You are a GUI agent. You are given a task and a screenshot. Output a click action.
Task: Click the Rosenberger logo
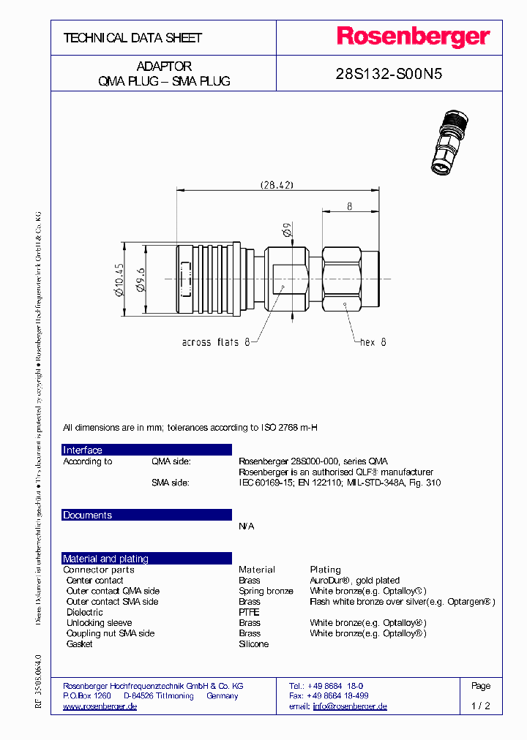[x=413, y=37]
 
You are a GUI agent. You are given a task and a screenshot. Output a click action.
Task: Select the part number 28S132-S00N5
[x=389, y=75]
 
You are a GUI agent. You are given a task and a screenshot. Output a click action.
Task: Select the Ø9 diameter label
[x=288, y=233]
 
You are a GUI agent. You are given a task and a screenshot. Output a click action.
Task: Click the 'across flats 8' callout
[x=216, y=342]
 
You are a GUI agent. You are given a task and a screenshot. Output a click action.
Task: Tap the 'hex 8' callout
[x=373, y=342]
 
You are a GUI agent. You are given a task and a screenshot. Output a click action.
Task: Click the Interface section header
[x=83, y=450]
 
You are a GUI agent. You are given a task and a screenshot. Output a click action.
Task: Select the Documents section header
[x=87, y=515]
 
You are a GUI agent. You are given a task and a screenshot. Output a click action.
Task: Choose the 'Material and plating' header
[x=105, y=559]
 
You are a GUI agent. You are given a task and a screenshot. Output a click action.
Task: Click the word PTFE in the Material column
[x=249, y=612]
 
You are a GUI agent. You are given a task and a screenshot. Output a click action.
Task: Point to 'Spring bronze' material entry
[x=266, y=591]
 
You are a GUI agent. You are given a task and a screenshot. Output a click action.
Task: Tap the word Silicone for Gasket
[x=253, y=644]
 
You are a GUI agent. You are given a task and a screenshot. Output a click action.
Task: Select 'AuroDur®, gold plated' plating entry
[x=354, y=580]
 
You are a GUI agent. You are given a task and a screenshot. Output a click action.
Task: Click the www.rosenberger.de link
[x=100, y=706]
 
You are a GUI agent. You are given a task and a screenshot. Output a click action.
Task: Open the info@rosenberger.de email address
[x=349, y=706]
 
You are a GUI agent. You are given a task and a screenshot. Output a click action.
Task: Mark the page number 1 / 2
[x=481, y=706]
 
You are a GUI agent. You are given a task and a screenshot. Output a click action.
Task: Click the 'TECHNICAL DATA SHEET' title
[x=132, y=37]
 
